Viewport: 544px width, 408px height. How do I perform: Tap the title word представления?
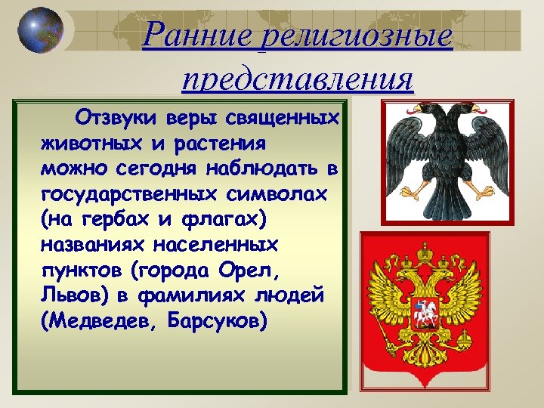(x=298, y=78)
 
